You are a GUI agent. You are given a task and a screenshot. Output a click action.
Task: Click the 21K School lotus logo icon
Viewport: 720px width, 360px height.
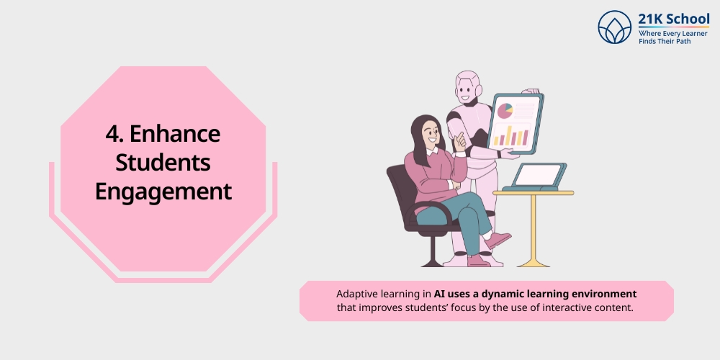(x=614, y=27)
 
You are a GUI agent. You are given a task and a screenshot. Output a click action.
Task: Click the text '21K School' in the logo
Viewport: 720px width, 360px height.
(x=673, y=19)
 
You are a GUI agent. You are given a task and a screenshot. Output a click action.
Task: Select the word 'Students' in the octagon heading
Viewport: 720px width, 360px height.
(x=163, y=163)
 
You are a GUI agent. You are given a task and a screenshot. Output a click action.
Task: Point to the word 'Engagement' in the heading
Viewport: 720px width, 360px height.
(x=163, y=192)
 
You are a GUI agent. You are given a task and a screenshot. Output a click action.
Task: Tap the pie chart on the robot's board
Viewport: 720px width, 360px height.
(x=505, y=110)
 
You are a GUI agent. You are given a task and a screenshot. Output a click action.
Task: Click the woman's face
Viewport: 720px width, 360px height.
(x=431, y=132)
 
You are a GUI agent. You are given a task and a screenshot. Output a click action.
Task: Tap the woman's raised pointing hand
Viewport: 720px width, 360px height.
(x=459, y=140)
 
